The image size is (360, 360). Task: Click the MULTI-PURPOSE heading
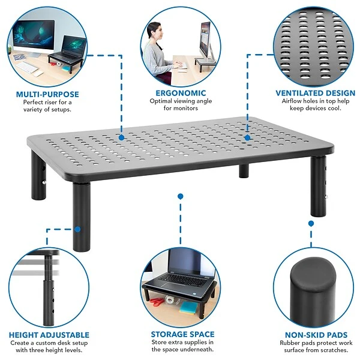pyautogui.click(x=47, y=94)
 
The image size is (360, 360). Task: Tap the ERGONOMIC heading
pyautogui.click(x=181, y=93)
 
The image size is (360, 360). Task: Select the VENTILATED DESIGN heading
pyautogui.click(x=316, y=93)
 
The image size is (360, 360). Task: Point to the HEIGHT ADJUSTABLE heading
pyautogui.click(x=49, y=335)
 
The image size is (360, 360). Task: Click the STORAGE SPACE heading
pyautogui.click(x=183, y=334)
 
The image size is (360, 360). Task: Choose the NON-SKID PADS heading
pyautogui.click(x=316, y=335)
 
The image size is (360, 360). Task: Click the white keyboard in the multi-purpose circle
pyautogui.click(x=27, y=67)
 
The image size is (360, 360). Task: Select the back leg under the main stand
pyautogui.click(x=244, y=171)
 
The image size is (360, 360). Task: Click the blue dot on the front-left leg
pyautogui.click(x=77, y=229)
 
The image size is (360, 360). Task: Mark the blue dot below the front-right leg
pyautogui.click(x=311, y=223)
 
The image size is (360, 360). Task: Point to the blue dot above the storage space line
pyautogui.click(x=181, y=196)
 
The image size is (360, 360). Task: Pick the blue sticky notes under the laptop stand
pyautogui.click(x=188, y=308)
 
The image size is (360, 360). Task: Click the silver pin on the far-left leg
pyautogui.click(x=44, y=182)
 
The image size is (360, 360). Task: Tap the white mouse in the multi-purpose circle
pyautogui.click(x=38, y=74)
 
